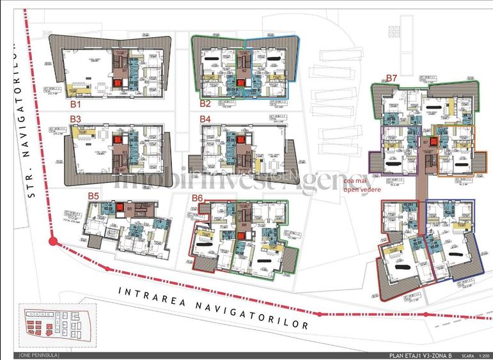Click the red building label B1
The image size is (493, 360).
(75, 102)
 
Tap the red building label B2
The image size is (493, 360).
(205, 102)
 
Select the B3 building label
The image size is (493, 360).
(75, 119)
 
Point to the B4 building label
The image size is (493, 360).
(205, 119)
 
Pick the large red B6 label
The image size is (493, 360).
(197, 198)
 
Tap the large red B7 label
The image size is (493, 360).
(391, 78)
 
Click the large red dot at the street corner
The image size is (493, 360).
(52, 242)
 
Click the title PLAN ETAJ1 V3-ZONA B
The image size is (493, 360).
(420, 355)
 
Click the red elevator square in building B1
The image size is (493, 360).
(117, 82)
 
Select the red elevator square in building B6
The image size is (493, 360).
(241, 235)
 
